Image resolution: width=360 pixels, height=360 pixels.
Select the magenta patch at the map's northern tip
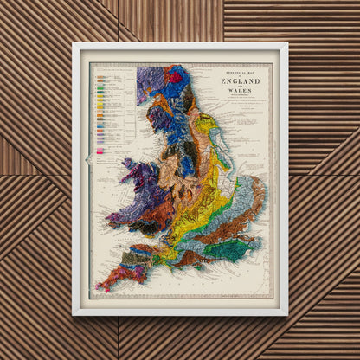[x=176, y=77]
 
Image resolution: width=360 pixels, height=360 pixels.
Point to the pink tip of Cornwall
[x=101, y=286]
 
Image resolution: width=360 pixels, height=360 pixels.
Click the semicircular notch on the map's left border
[x=89, y=158]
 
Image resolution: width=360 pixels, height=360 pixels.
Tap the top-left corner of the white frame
[x=74, y=43]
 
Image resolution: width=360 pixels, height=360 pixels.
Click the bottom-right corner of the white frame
[x=286, y=314]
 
